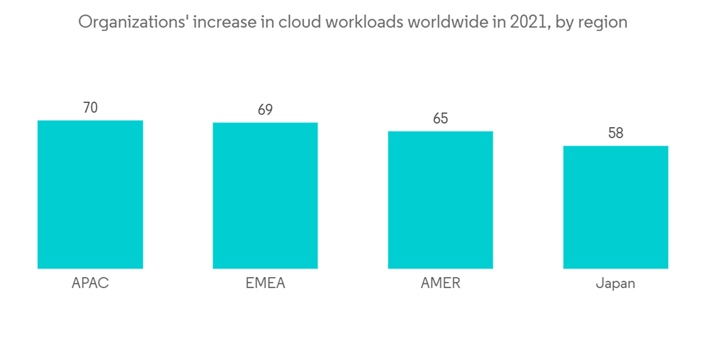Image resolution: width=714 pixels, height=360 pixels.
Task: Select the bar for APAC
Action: [90, 194]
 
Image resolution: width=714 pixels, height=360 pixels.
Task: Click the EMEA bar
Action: [265, 196]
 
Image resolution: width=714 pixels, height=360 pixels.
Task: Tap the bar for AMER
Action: [441, 200]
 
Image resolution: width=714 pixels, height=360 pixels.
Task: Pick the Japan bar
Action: [615, 207]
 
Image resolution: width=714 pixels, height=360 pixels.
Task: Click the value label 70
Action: [90, 109]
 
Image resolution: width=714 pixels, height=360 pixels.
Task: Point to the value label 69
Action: [265, 111]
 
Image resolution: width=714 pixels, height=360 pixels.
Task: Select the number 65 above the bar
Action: [441, 119]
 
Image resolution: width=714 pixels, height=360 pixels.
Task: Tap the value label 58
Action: [615, 134]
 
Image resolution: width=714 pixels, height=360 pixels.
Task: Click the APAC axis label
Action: [90, 283]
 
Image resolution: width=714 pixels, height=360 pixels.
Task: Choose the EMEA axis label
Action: [265, 283]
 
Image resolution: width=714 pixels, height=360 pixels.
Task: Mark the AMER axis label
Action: [441, 283]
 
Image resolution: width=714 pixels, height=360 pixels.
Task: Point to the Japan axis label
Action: [615, 284]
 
